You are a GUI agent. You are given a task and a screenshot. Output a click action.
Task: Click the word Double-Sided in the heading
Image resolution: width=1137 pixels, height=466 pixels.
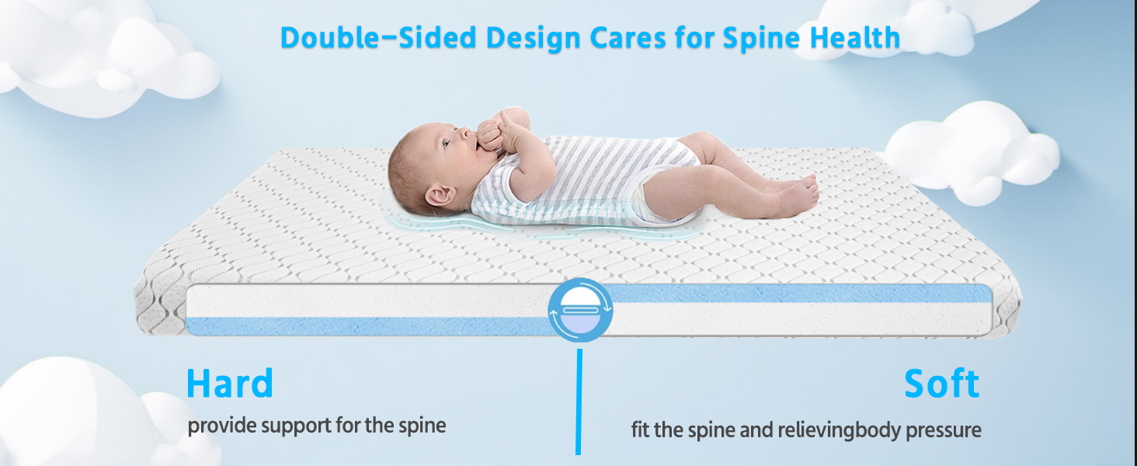pyautogui.click(x=378, y=37)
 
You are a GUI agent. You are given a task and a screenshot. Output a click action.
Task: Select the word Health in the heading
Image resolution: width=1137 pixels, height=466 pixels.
pyautogui.click(x=855, y=37)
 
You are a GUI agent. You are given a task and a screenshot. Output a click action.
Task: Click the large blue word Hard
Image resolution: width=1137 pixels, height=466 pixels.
pyautogui.click(x=230, y=383)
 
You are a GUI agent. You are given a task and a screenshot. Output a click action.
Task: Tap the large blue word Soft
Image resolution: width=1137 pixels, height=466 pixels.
pyautogui.click(x=941, y=383)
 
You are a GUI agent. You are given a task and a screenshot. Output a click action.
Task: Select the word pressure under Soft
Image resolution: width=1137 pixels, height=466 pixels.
pyautogui.click(x=944, y=431)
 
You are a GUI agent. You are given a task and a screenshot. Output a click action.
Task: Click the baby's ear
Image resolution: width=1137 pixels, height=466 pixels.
pyautogui.click(x=440, y=195)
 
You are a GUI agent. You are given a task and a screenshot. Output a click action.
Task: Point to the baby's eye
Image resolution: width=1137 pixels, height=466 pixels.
pyautogui.click(x=446, y=144)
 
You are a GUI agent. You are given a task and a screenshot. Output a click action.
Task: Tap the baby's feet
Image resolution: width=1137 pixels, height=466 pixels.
pyautogui.click(x=799, y=192)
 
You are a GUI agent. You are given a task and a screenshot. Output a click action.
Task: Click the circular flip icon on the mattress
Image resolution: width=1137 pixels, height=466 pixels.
pyautogui.click(x=580, y=310)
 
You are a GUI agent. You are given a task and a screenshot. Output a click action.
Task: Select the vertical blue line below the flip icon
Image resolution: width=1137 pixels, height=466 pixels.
pyautogui.click(x=579, y=402)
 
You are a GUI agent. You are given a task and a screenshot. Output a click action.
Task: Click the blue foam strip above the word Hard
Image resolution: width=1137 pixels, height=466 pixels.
pyautogui.click(x=369, y=326)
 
